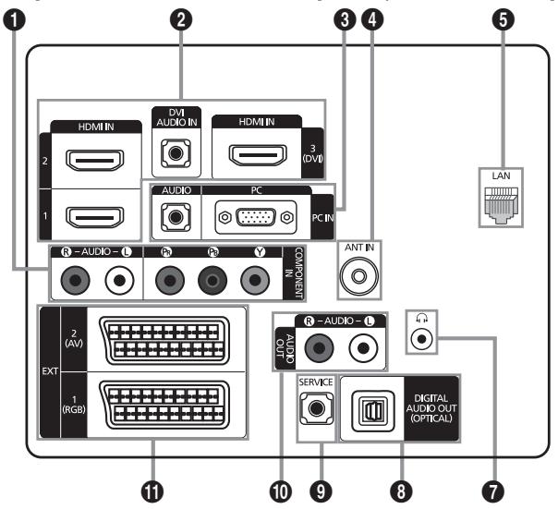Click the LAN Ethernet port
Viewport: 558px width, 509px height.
click(501, 205)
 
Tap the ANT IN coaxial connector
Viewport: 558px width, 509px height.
click(359, 275)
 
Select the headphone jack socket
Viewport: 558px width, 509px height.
click(421, 338)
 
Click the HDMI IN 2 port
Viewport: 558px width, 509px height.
click(94, 160)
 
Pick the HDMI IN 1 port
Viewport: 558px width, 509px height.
click(94, 217)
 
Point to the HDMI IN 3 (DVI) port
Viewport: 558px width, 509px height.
click(258, 155)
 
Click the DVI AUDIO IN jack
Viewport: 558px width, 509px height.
click(176, 153)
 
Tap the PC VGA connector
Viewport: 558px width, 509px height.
click(256, 217)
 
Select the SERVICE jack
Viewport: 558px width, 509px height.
click(316, 408)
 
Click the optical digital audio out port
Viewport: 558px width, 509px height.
click(372, 410)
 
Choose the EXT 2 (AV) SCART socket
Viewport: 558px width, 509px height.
click(164, 340)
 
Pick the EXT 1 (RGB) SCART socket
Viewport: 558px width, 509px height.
click(164, 406)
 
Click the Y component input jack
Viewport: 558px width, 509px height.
click(255, 281)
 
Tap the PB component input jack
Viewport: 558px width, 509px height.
click(212, 281)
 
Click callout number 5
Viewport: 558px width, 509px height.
click(503, 19)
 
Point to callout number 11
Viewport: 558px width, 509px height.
click(152, 491)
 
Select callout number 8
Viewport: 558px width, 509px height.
click(401, 491)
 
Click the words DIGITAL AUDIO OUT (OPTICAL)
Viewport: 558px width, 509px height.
click(431, 408)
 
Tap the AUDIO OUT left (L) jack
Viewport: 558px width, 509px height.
click(363, 347)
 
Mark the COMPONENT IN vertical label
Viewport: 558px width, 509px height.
click(295, 273)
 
